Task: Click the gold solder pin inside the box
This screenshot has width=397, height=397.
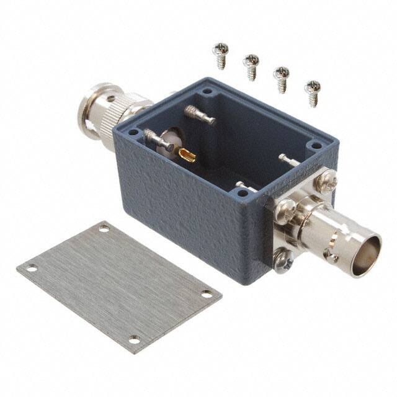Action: (x=186, y=154)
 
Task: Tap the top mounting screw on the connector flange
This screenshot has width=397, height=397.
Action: (x=327, y=182)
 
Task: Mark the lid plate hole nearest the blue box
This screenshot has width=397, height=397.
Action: (x=104, y=229)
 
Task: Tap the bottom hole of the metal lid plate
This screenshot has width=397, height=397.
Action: (x=133, y=339)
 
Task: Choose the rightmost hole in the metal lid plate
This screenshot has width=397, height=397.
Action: (x=207, y=293)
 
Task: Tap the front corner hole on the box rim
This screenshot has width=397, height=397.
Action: (x=248, y=194)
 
